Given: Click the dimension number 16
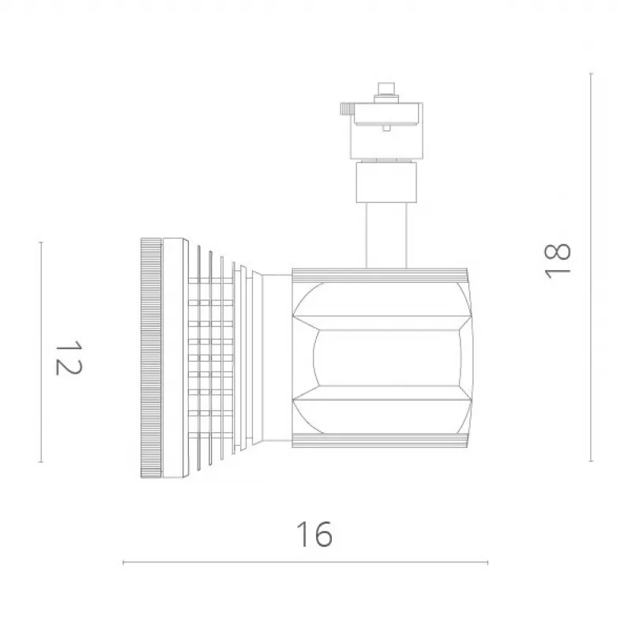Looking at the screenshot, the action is [314, 534].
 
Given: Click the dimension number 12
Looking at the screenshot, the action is [69, 358].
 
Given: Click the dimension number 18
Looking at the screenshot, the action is [557, 261].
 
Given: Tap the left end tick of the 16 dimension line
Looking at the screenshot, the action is [123, 562].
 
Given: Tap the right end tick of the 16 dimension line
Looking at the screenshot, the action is [487, 562].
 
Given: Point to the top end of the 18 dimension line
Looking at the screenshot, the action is [591, 73].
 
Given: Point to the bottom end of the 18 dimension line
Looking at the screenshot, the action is [591, 461].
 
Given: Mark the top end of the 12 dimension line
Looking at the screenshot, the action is [41, 243].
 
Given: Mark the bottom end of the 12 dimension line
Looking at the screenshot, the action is [41, 462].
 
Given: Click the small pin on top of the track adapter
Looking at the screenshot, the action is [386, 89].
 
